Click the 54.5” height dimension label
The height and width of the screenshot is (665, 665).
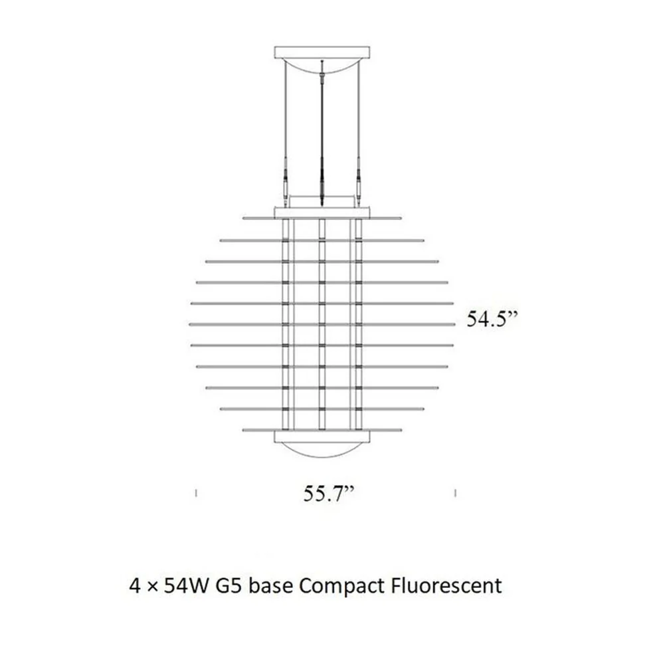coord(492,319)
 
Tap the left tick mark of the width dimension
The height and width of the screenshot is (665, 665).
coord(195,493)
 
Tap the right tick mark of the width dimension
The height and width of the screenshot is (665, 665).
coord(455,493)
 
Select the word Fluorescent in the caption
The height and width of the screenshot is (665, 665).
coord(446,586)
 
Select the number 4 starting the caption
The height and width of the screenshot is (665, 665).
coord(136,586)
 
